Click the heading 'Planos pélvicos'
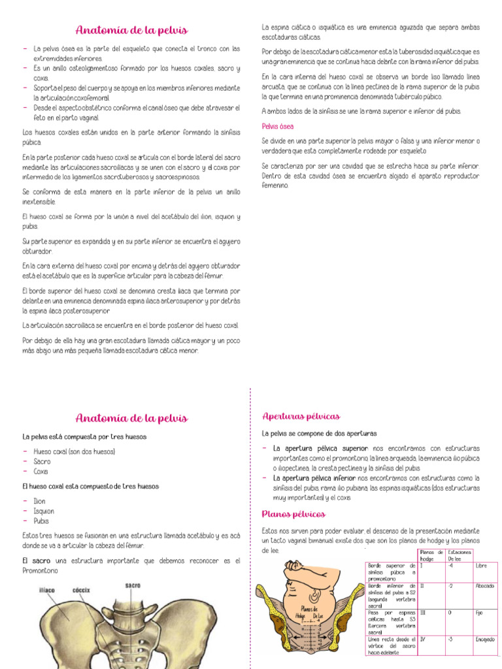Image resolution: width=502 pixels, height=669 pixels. point(293,514)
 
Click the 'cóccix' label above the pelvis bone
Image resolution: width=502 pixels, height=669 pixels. point(81,589)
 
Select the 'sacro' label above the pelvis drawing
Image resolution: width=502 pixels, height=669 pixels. point(133,585)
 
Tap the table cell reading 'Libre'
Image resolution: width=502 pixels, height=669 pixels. point(482,566)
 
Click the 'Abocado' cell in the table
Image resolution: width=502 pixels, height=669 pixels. point(485,586)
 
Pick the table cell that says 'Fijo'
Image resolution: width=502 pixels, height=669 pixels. point(480,613)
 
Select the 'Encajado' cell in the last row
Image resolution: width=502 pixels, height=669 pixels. point(486,639)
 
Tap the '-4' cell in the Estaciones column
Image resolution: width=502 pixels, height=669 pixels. point(451,566)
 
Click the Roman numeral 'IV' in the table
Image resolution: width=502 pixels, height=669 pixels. point(424,639)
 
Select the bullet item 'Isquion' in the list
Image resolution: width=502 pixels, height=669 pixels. point(44,511)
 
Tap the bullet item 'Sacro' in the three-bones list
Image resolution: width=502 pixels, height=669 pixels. point(42,461)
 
